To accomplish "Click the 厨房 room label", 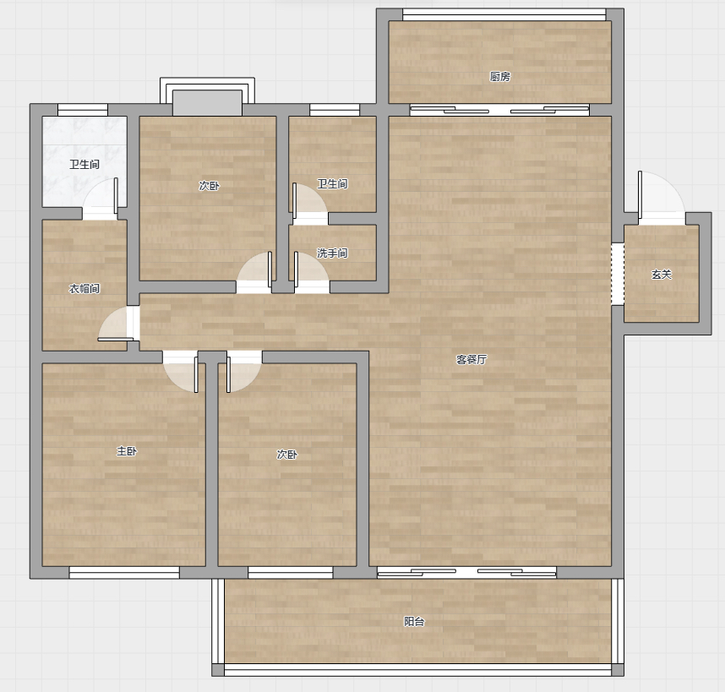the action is point(500,77).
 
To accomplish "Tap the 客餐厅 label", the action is point(472,360).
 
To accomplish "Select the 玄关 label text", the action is point(661,275).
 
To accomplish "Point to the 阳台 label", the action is point(414,622).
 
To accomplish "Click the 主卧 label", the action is point(126,451).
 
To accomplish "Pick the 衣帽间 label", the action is point(84,289).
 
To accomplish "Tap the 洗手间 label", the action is point(332,253).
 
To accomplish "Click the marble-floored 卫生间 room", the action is point(84,161).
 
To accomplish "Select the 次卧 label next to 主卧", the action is point(286,455).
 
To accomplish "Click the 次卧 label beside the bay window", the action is point(209,186).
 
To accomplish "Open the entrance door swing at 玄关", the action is point(661,194).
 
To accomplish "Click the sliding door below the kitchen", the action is point(499,111).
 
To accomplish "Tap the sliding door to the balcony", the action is point(466,573).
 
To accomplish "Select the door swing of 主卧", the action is point(181,372).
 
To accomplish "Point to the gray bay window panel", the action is point(207,103).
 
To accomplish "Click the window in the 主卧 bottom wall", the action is point(124,573).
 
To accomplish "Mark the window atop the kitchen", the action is point(504,15).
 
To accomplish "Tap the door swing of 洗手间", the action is point(311,273).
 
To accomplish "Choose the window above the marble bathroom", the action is point(83,110).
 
